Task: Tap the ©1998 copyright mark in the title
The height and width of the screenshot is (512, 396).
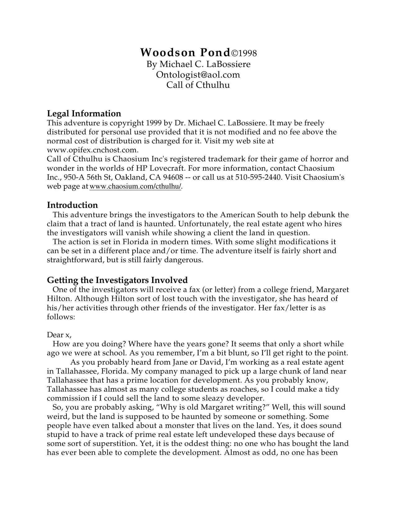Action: (244, 53)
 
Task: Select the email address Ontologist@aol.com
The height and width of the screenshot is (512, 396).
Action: (198, 75)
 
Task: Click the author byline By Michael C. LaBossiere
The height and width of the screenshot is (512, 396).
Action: (198, 64)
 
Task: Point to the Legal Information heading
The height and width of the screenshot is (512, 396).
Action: (84, 113)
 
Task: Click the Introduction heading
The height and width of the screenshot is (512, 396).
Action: (72, 205)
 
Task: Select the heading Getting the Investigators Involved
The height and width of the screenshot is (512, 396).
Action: (117, 280)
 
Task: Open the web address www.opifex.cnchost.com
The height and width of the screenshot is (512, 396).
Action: (92, 150)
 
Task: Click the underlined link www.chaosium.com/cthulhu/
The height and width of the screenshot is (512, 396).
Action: (135, 186)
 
